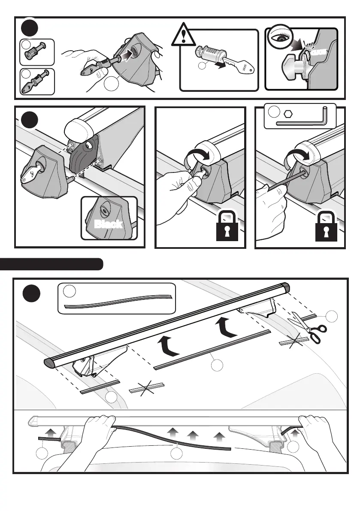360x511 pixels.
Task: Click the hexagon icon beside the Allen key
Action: [288, 113]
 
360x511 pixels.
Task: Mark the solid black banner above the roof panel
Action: [51, 264]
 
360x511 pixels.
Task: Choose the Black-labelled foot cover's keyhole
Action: [104, 207]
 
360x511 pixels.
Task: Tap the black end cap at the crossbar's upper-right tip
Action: [285, 286]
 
